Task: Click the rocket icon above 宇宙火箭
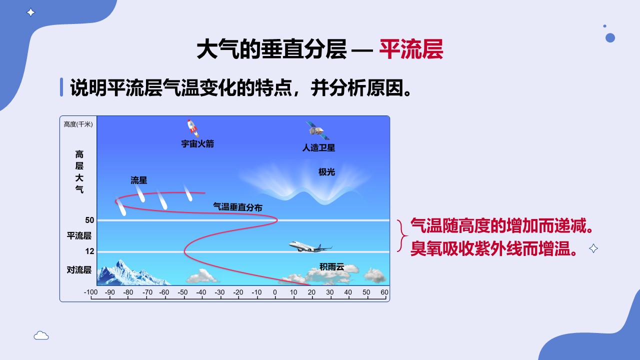click(193, 128)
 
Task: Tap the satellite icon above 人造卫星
click(317, 130)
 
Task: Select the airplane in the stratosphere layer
click(310, 247)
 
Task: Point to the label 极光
click(326, 172)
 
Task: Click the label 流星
click(139, 180)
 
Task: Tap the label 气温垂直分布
click(237, 207)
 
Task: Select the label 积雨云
click(331, 267)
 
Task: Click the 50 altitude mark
click(89, 220)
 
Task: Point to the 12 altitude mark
click(89, 251)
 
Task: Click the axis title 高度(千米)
click(78, 124)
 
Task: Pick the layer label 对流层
click(79, 270)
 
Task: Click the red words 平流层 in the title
click(411, 49)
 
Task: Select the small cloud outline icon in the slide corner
click(41, 335)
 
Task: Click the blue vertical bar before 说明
click(61, 87)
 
